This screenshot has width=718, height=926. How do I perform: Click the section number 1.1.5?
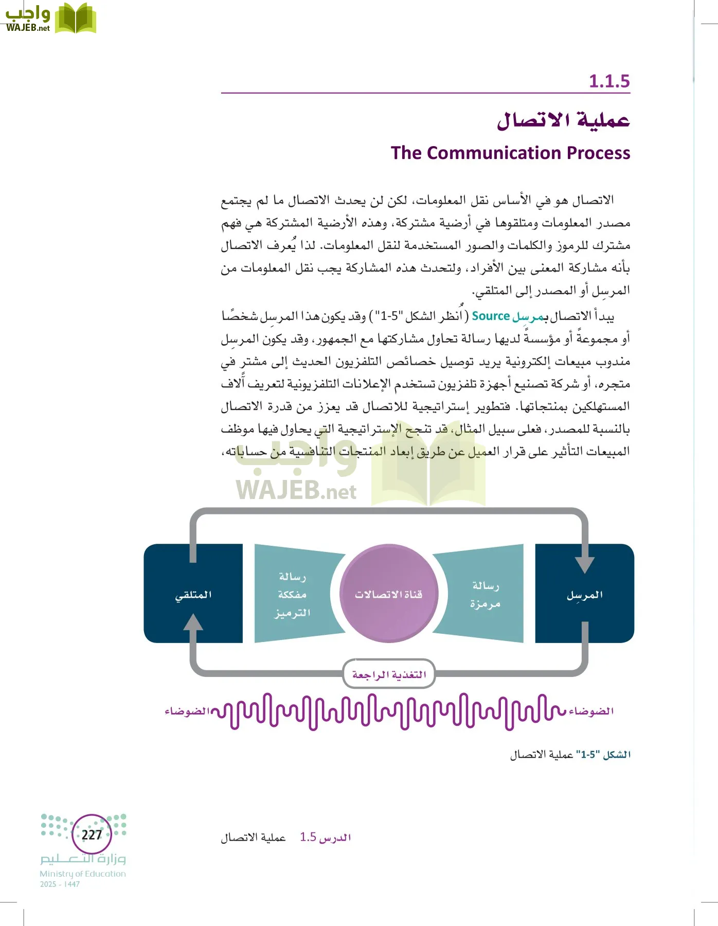pos(609,81)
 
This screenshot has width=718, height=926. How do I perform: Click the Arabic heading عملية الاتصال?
pos(563,121)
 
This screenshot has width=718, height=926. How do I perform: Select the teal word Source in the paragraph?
pos(491,316)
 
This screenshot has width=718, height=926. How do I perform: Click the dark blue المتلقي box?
pos(193,595)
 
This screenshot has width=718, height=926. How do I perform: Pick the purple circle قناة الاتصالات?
pos(388,594)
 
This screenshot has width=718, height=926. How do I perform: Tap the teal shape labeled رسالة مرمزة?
pos(484,594)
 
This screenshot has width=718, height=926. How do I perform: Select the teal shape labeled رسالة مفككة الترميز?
pos(292,594)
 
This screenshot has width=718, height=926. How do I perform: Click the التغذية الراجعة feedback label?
pos(389,674)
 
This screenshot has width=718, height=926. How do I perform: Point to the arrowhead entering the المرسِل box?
pos(584,564)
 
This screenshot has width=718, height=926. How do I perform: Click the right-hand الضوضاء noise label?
pos(591,711)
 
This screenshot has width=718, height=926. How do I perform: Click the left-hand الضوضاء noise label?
pos(187,711)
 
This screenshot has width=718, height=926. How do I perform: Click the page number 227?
pos(92,834)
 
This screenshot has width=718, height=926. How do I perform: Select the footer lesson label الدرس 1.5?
pos(325,838)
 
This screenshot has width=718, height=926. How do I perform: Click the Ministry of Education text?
pos(83,874)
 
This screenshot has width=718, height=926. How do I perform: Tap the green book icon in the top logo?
pos(75,19)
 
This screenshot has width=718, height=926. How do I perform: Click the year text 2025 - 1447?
pos(60,884)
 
